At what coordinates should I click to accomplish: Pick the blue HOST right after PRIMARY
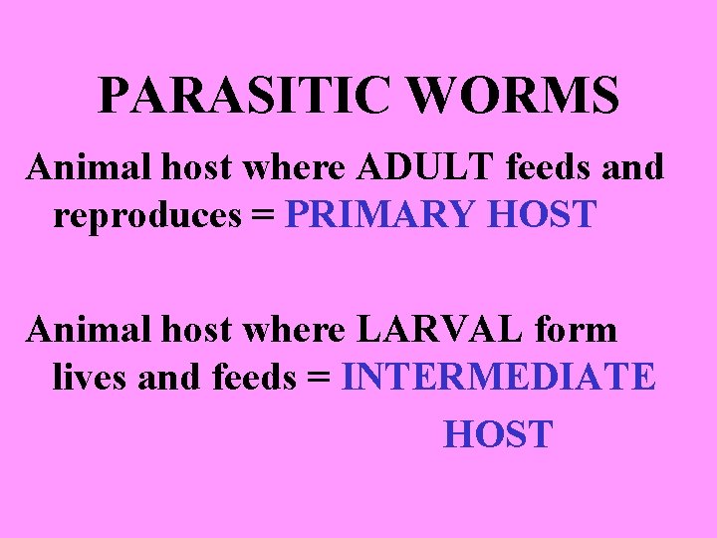click(x=544, y=214)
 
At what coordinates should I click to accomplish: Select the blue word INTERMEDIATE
click(x=498, y=377)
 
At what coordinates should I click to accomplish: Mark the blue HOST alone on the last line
click(x=497, y=434)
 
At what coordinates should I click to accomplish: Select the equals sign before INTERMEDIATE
click(x=320, y=379)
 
